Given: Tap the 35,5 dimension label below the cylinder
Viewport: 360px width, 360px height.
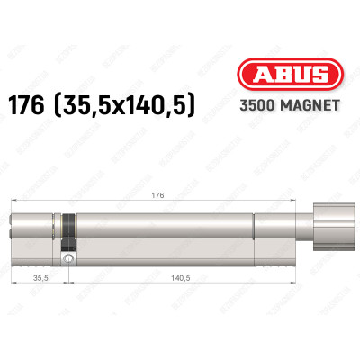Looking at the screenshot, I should click(x=37, y=280).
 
